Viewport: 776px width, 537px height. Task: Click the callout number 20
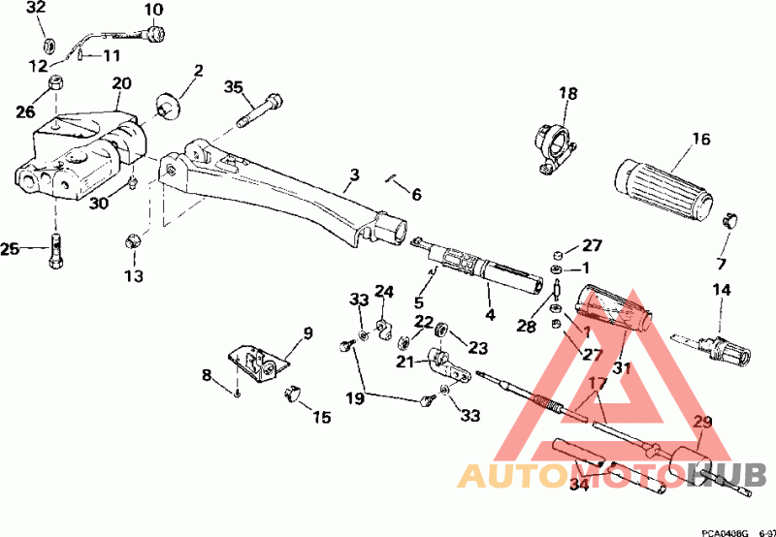coord(121,85)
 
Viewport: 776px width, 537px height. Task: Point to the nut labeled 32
coord(48,44)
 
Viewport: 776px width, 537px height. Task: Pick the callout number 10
coord(154,11)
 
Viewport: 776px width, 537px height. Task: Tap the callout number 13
coord(133,276)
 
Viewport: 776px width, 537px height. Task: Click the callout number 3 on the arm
coord(355,175)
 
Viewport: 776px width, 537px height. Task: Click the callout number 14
coord(721,290)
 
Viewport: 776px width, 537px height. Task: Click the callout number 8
coord(207,375)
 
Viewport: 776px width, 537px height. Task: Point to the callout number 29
coord(701,423)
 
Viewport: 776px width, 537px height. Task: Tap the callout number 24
coord(385,291)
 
